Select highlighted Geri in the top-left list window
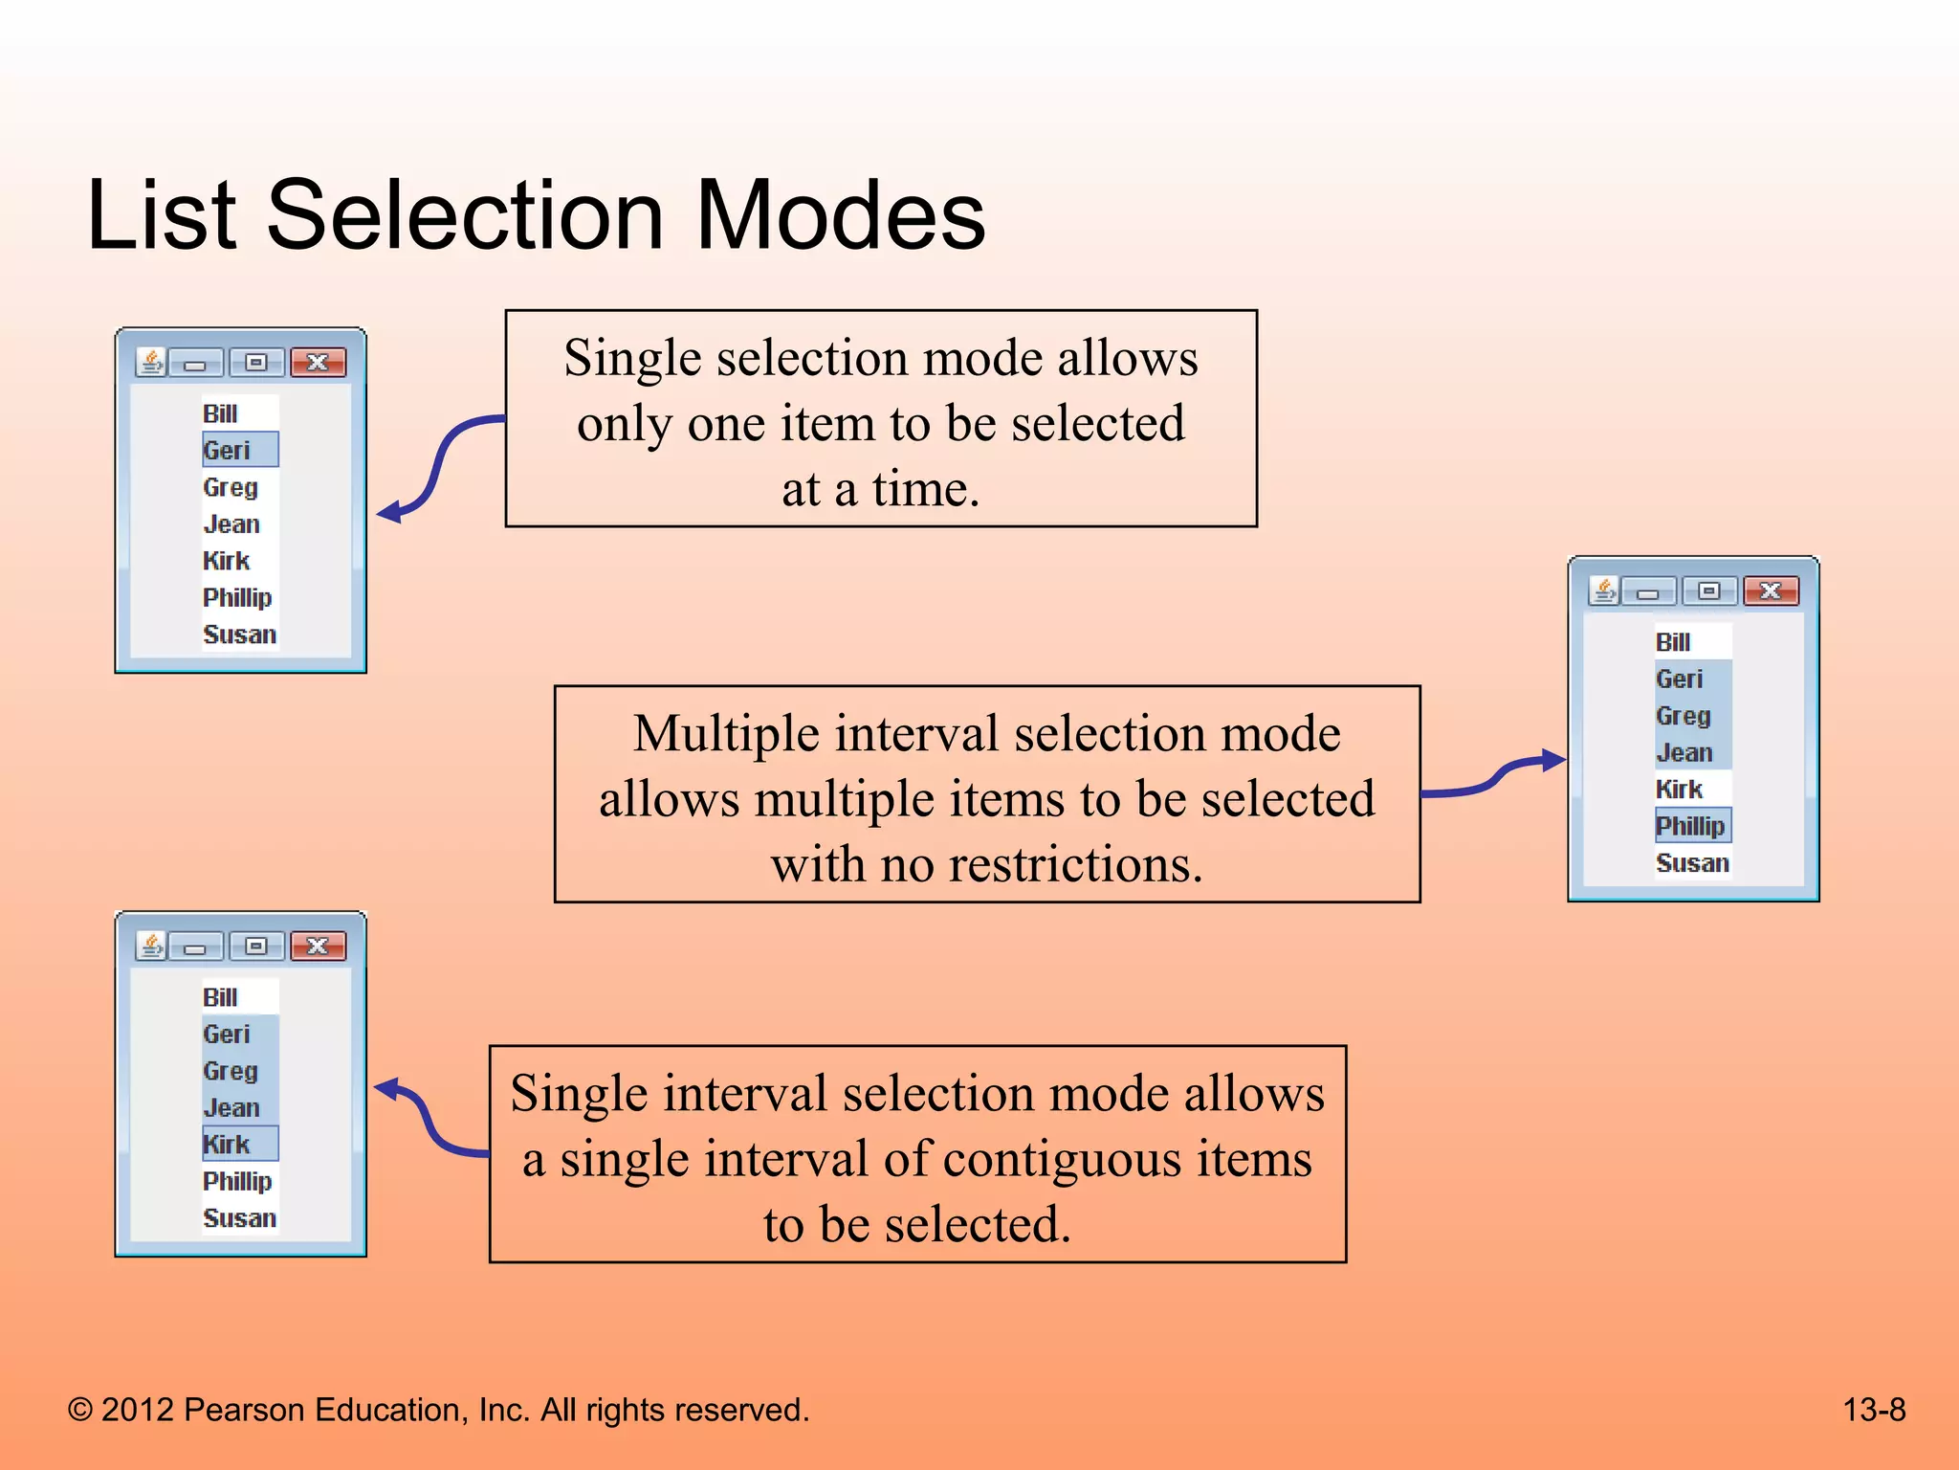tap(228, 450)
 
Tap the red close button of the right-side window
tap(1771, 591)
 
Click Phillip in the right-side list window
tap(1689, 826)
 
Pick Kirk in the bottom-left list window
tap(227, 1144)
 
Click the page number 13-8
tap(1873, 1410)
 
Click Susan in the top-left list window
tap(239, 635)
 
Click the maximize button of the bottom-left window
tap(255, 947)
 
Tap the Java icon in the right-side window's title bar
tap(1604, 591)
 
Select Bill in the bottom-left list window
tap(220, 997)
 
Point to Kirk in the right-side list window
tap(1679, 790)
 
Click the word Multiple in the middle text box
tap(726, 734)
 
